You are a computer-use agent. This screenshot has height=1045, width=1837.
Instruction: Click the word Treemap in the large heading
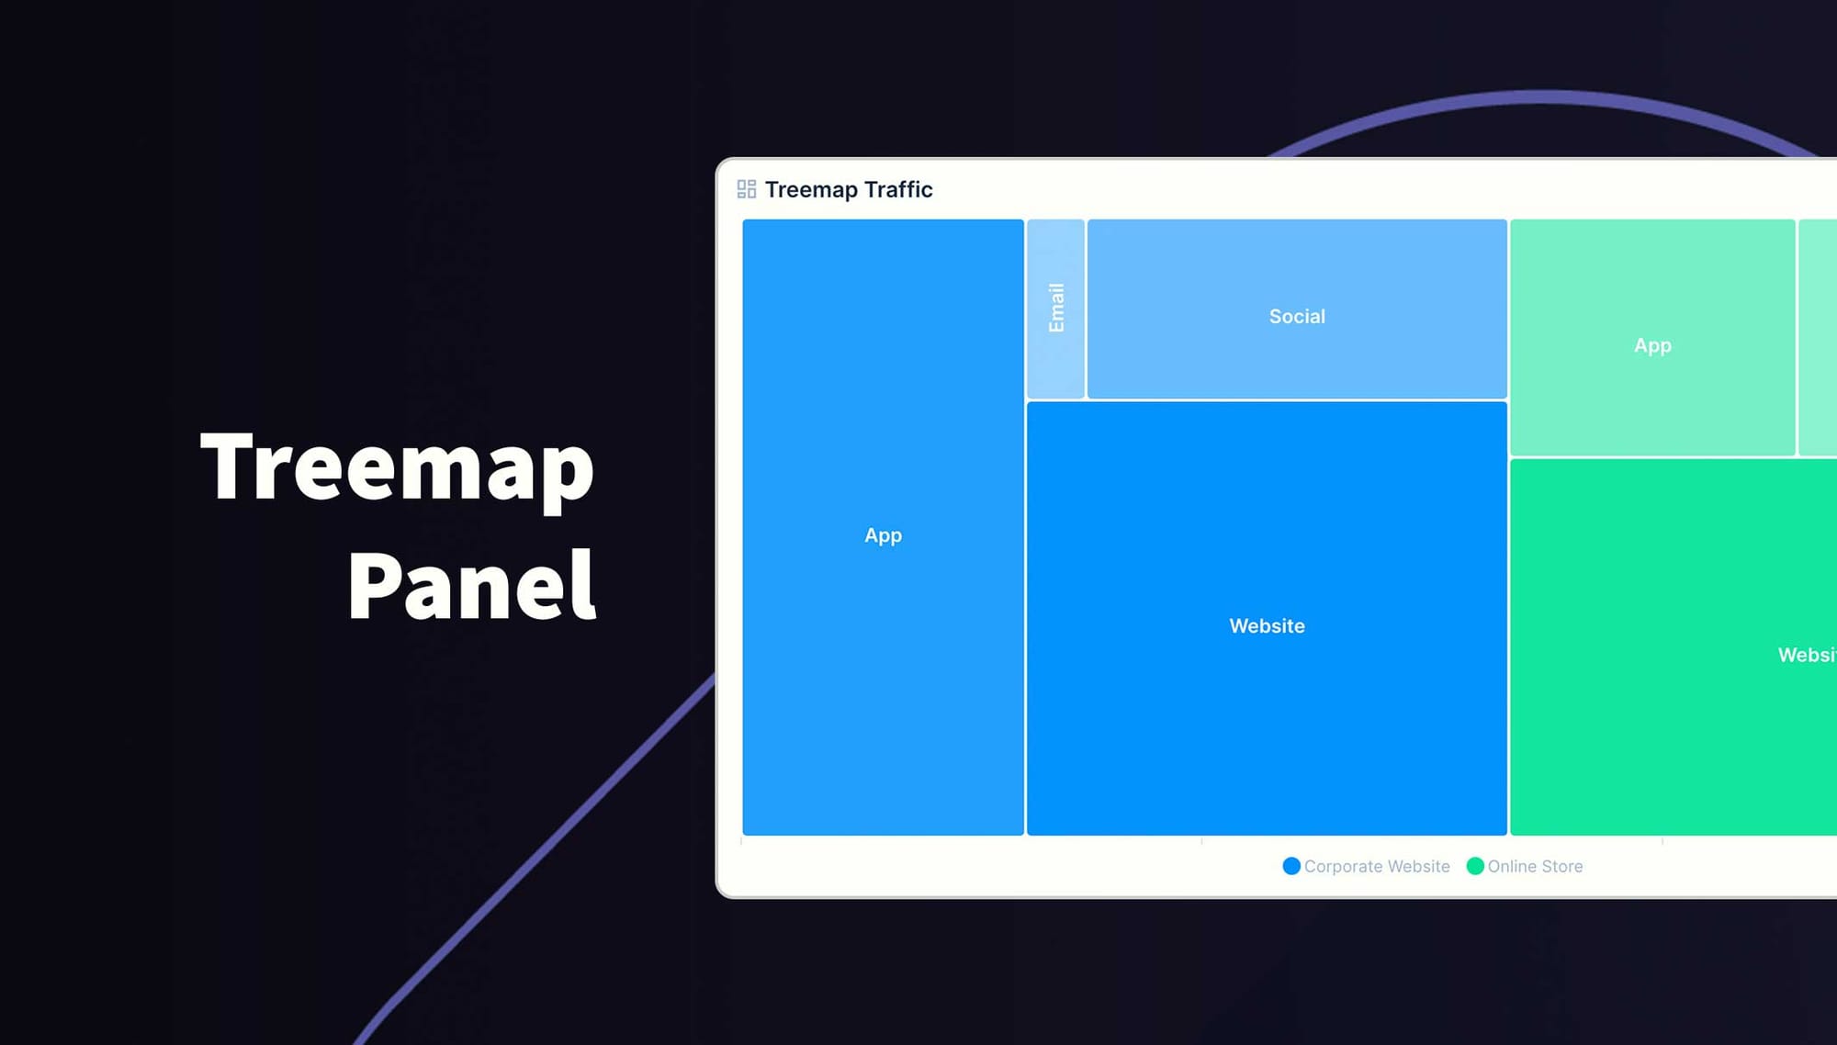tap(397, 468)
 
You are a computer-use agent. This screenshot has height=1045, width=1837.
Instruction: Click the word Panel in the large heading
tap(472, 585)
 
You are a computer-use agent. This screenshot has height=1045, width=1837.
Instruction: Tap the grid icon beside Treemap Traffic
tap(746, 189)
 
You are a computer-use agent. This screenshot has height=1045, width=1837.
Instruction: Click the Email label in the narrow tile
tap(1056, 308)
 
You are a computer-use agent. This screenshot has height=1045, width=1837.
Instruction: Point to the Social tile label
tap(1297, 317)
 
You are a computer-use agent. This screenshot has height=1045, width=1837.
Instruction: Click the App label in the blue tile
tap(883, 535)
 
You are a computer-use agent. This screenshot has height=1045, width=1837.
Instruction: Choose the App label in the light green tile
tap(1652, 346)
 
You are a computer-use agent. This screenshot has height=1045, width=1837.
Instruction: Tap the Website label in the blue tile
tap(1267, 626)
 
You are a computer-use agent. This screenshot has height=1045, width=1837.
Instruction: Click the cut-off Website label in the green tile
tap(1807, 656)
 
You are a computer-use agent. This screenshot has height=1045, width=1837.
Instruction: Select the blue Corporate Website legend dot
tap(1291, 866)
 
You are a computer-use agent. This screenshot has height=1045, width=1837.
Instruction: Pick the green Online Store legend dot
tap(1475, 866)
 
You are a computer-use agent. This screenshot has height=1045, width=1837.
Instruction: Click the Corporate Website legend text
tap(1377, 866)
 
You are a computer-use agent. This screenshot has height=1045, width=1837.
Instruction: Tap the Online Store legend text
tap(1535, 866)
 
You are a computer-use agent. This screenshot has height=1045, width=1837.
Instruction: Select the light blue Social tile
tap(1297, 266)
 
